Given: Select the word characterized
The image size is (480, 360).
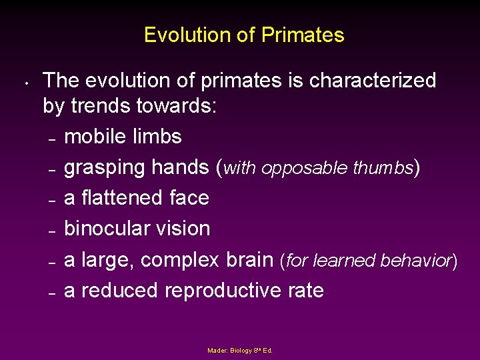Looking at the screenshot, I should click(373, 81).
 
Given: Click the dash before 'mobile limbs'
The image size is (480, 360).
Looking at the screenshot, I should click(51, 139).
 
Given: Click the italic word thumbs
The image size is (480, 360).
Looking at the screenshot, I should click(380, 168).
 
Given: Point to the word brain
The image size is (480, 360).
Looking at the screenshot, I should click(249, 259).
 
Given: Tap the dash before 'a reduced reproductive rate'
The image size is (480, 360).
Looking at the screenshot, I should click(51, 293).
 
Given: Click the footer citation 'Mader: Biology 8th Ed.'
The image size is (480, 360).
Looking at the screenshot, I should click(240, 350).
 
